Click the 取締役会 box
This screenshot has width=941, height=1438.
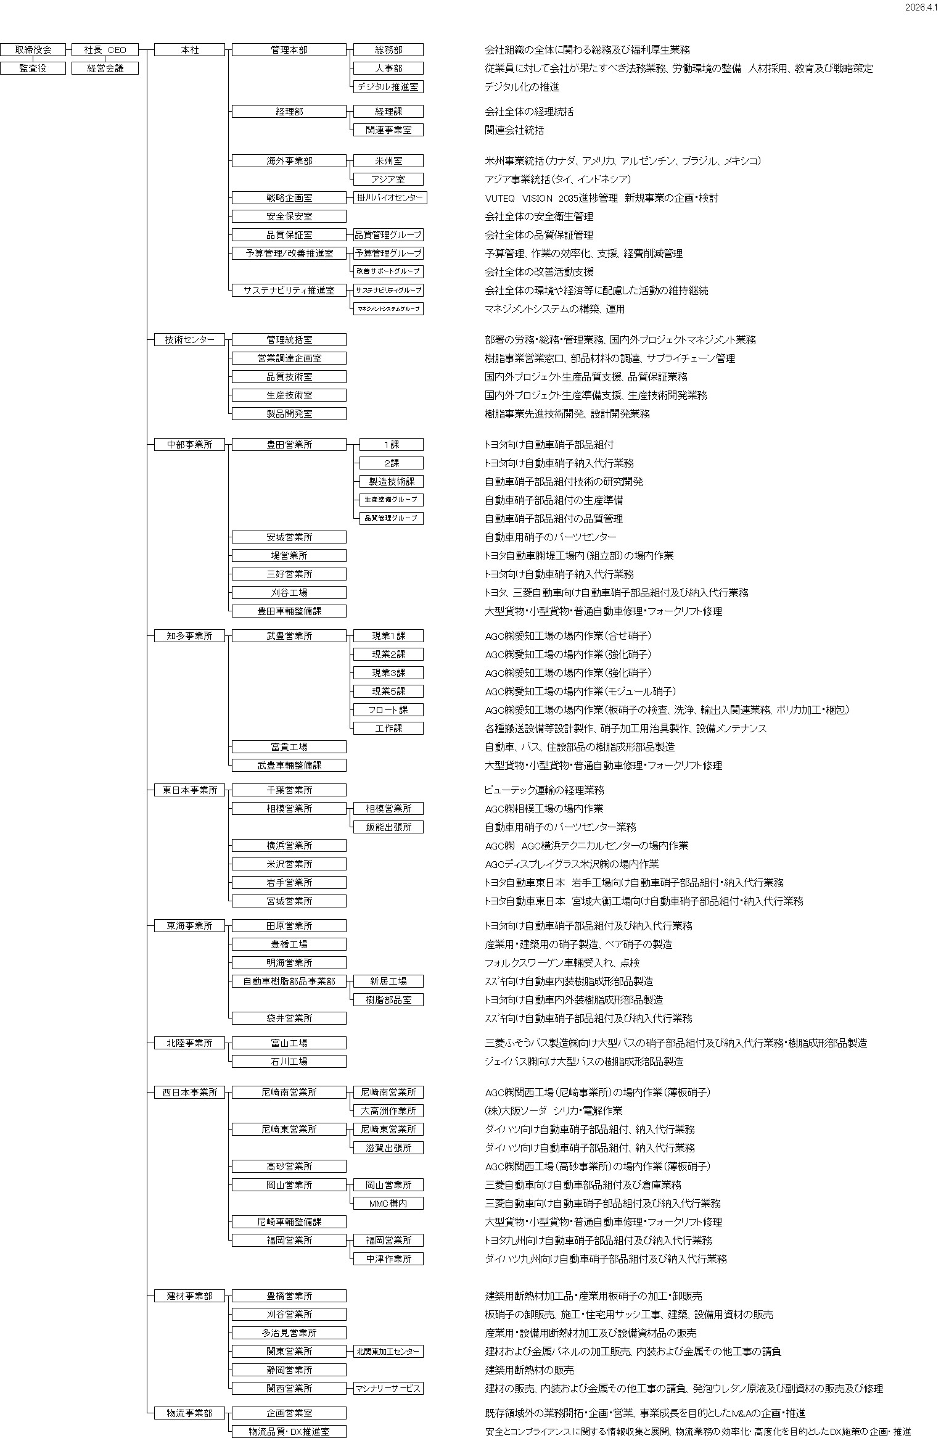point(33,50)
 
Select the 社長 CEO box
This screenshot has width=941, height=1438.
point(105,50)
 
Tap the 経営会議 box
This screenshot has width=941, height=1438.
point(105,68)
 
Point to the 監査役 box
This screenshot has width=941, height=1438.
point(33,68)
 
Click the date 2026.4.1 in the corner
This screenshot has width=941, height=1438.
point(921,7)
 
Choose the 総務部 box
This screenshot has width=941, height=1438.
point(388,50)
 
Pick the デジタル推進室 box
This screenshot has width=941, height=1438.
point(388,87)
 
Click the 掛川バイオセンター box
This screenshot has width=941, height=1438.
point(390,198)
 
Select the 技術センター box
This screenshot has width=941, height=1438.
point(189,340)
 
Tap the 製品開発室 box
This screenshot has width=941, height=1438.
point(289,414)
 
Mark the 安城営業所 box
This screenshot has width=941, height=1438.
point(289,537)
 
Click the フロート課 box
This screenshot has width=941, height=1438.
point(388,710)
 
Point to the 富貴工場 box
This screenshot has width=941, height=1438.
point(289,747)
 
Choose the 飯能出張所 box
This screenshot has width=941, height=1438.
point(388,827)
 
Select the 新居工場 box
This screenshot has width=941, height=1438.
point(388,981)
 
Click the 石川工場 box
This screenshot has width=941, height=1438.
point(289,1062)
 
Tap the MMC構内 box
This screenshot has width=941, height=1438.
point(388,1204)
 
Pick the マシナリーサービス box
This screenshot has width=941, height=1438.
point(388,1389)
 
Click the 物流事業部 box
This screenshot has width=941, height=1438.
point(189,1413)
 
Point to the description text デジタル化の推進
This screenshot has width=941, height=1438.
point(522,87)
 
